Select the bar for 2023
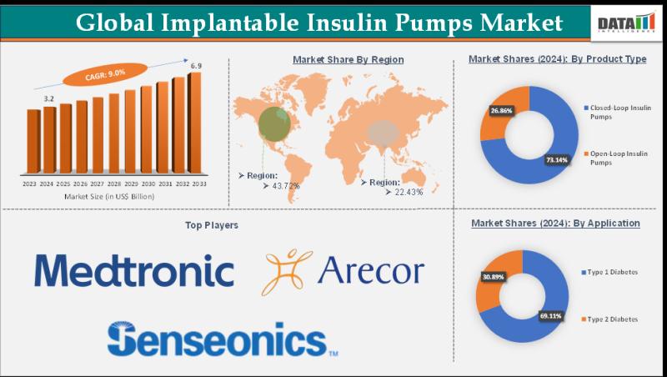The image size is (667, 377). (x=33, y=144)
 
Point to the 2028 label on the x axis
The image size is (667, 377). (x=114, y=183)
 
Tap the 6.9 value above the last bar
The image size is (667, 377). (x=196, y=65)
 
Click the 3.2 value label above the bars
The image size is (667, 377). (x=49, y=98)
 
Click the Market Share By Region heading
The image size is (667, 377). (x=348, y=60)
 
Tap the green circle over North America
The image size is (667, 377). (x=275, y=123)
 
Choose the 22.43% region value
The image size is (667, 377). (x=404, y=192)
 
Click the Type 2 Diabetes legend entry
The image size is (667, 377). (x=613, y=319)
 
